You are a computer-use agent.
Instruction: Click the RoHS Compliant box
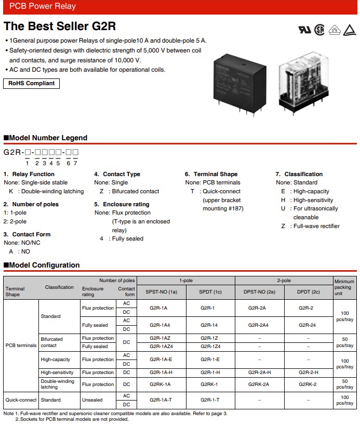pos(31,83)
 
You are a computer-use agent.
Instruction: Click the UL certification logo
pos(304,30)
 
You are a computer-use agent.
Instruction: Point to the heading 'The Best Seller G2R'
pos(60,26)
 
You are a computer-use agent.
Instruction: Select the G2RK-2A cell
pos(259,384)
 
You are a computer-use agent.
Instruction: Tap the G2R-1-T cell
pos(210,400)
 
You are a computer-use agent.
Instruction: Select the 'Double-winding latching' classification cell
pos(57,384)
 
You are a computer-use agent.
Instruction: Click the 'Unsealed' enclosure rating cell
pos(92,400)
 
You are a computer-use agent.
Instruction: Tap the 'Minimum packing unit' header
pos(344,287)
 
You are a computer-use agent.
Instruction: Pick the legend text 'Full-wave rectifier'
pos(316,226)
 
